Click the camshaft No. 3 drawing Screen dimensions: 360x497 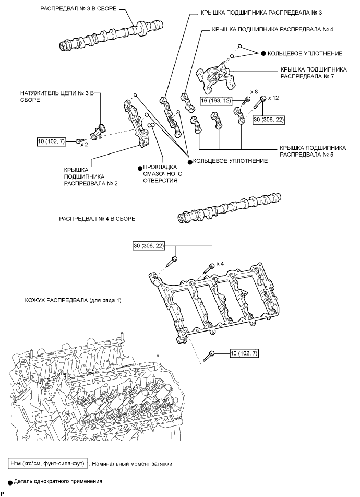click(112, 34)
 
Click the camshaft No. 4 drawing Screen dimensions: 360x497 click(229, 208)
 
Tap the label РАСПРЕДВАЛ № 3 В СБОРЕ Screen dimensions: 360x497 click(78, 9)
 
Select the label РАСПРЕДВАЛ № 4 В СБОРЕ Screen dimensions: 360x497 click(97, 219)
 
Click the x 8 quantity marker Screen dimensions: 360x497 click(254, 92)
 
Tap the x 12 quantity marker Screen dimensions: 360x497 click(273, 98)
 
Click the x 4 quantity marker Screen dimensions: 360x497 click(220, 264)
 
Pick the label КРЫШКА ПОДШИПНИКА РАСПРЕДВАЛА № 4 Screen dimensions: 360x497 click(272, 29)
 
